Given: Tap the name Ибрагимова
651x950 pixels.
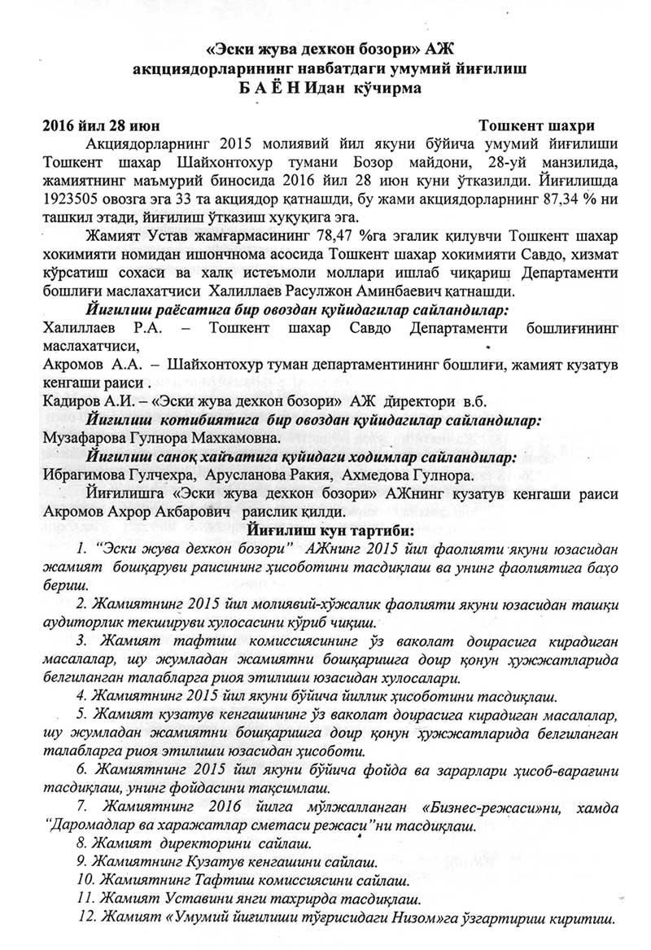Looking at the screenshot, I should (83, 475).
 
